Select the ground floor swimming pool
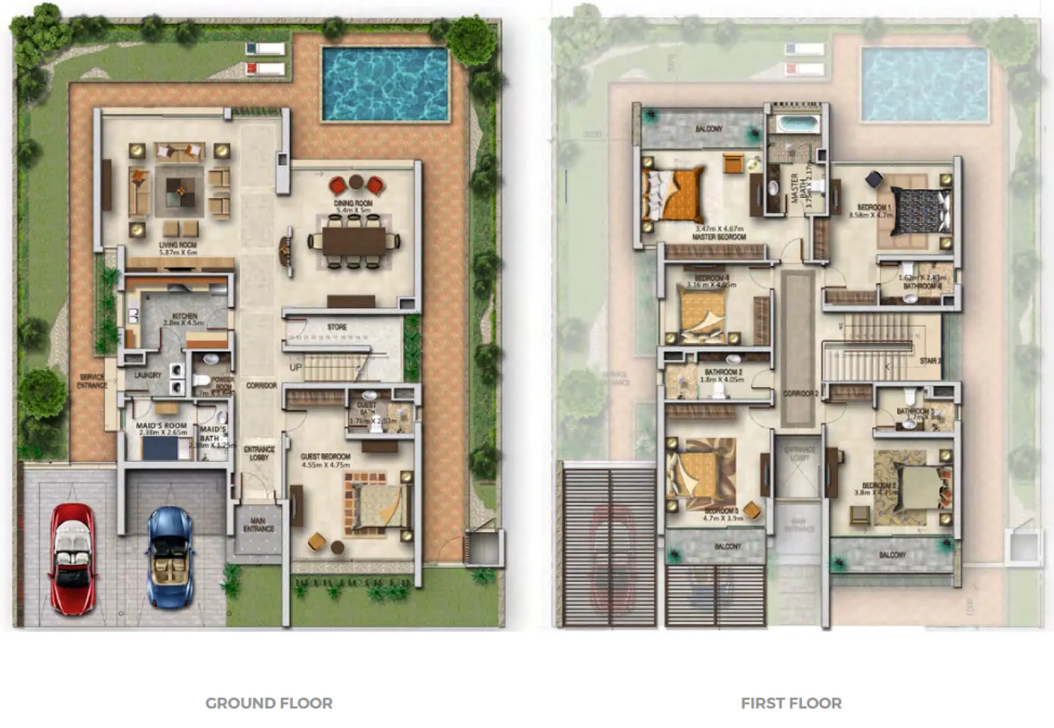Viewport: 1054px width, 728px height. click(384, 83)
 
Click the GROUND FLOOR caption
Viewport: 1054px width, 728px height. click(268, 703)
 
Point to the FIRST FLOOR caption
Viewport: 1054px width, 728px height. click(791, 703)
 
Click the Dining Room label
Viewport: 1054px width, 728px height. click(354, 203)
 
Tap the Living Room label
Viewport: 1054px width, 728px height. click(178, 246)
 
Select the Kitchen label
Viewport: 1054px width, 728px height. click(184, 316)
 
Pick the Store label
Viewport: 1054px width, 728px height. click(337, 327)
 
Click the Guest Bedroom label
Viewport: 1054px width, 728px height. click(325, 457)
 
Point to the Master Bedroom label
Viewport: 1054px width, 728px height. click(719, 236)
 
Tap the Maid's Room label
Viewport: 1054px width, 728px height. click(161, 426)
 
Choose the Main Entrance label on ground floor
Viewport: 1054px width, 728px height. click(258, 525)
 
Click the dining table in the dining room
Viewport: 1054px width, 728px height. click(354, 240)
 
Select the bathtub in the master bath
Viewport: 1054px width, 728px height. click(798, 124)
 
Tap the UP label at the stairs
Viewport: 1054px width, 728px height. click(295, 367)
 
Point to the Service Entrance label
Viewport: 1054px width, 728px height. click(92, 381)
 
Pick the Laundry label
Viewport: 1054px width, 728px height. click(147, 375)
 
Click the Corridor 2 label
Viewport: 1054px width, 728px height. click(801, 393)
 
